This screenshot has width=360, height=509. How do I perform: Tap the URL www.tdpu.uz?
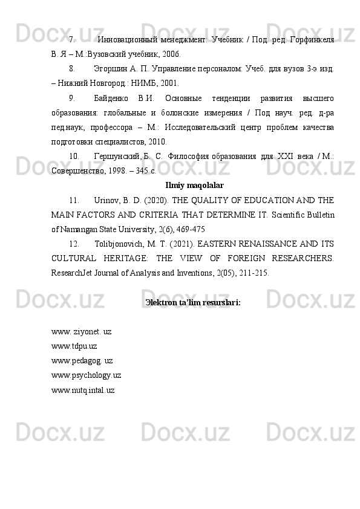pyautogui.click(x=74, y=346)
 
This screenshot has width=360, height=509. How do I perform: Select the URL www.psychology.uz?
pyautogui.click(x=87, y=375)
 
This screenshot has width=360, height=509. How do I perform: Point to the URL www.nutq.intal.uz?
pyautogui.click(x=83, y=390)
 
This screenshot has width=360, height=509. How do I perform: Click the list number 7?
pyautogui.click(x=71, y=40)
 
